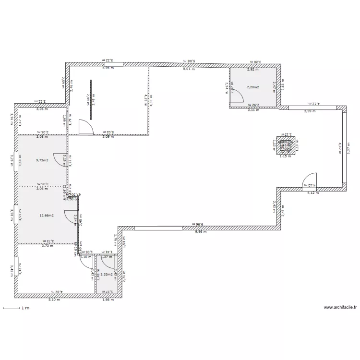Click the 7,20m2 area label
pos(252,87)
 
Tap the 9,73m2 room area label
pos(42,161)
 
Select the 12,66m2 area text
pos(46,216)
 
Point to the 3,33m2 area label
pos(106,275)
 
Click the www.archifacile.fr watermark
pos(340,308)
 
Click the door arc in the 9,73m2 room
pos(60,159)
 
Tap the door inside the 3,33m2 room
pos(108,262)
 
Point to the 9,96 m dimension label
pos(200,231)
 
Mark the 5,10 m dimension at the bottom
pos(54,300)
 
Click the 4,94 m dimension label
pos(108,68)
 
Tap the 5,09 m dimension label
pos(108,136)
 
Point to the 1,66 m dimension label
pos(108,300)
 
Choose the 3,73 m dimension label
pos(48,246)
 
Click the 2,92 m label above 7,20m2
pos(252,70)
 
